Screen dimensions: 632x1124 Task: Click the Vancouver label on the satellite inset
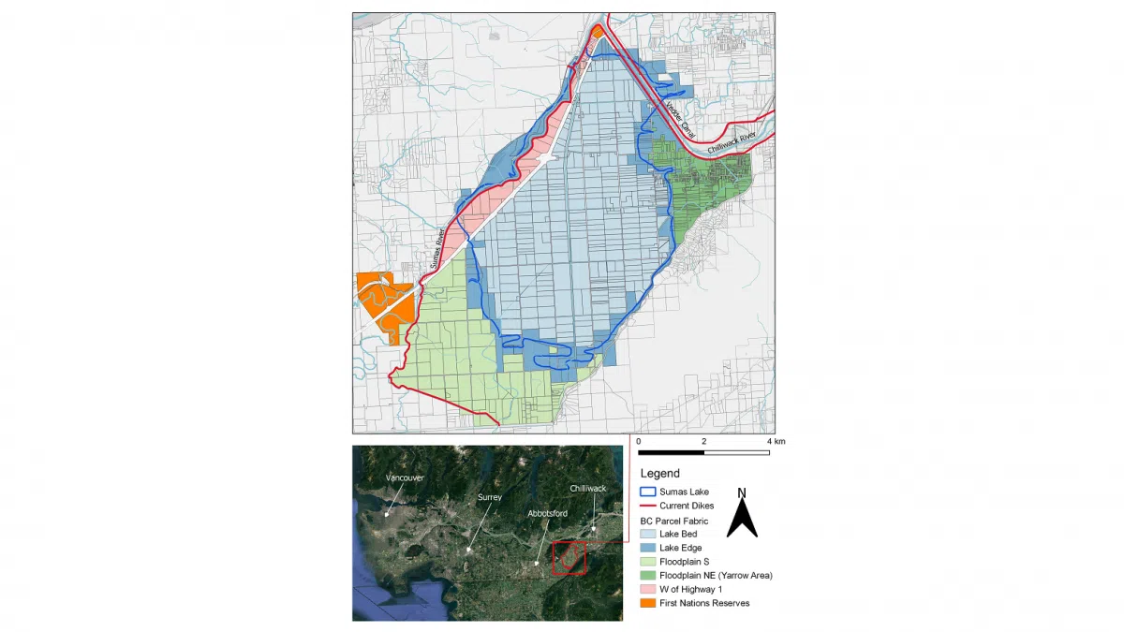click(405, 478)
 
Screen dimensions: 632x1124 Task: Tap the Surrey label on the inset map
click(489, 497)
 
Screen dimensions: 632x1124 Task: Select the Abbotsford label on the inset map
click(547, 513)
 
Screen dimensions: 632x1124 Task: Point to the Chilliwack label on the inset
click(588, 489)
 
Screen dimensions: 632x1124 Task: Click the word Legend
click(660, 474)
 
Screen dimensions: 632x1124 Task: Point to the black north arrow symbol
click(743, 517)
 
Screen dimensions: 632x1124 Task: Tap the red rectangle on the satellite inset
click(569, 557)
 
